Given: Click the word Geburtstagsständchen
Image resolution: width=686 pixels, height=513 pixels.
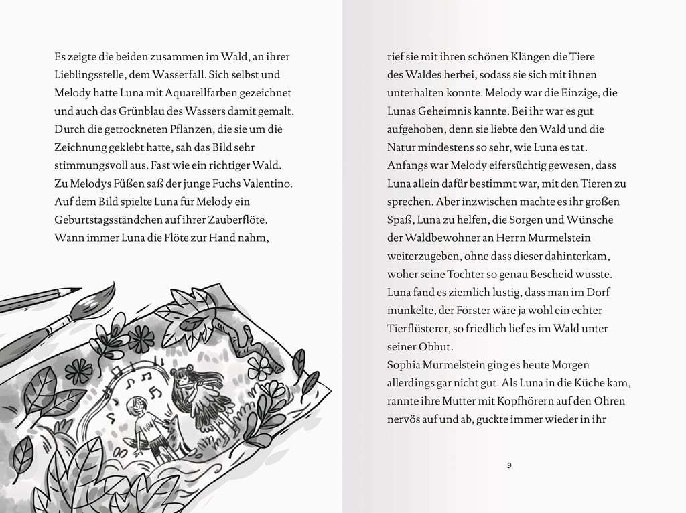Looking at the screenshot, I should coord(110,220).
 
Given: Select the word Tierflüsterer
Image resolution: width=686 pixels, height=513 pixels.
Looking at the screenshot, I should coord(421,329).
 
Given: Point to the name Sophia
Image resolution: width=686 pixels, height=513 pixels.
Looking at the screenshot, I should coord(406,365).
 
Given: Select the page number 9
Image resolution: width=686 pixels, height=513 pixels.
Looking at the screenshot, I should coord(510,465).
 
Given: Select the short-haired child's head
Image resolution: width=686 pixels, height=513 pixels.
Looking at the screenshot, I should coord(137,405).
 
